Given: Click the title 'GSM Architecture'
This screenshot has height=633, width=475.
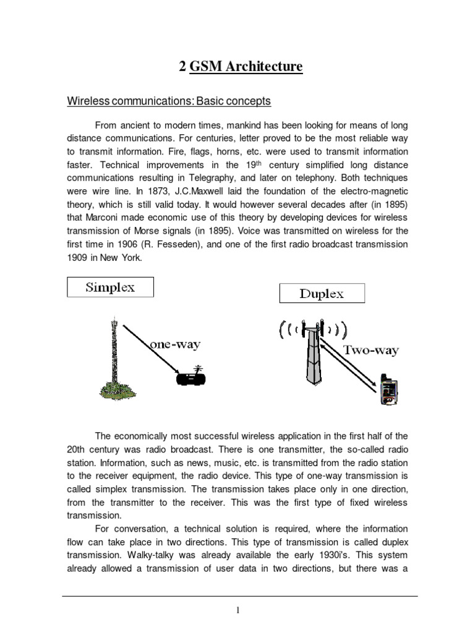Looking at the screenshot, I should pyautogui.click(x=246, y=66).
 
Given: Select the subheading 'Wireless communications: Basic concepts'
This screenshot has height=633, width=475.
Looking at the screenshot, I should pyautogui.click(x=169, y=101).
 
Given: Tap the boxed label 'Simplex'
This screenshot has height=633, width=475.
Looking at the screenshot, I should pyautogui.click(x=110, y=288).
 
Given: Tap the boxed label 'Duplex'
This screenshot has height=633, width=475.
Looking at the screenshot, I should pyautogui.click(x=322, y=294).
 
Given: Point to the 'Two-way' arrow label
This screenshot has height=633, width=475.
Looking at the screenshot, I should pyautogui.click(x=372, y=350).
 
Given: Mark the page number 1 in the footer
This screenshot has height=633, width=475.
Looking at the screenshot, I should pyautogui.click(x=237, y=611).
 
